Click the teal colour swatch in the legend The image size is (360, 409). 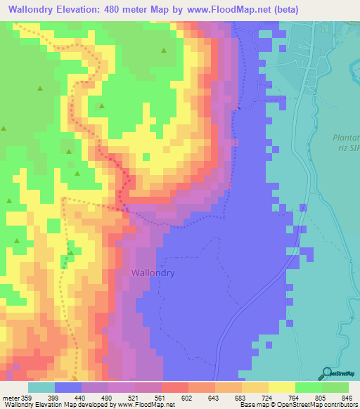pos(41,387)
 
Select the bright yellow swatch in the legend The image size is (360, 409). pos(281,387)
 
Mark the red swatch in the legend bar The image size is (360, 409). pos(174,387)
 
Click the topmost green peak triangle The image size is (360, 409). pos(164,51)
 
